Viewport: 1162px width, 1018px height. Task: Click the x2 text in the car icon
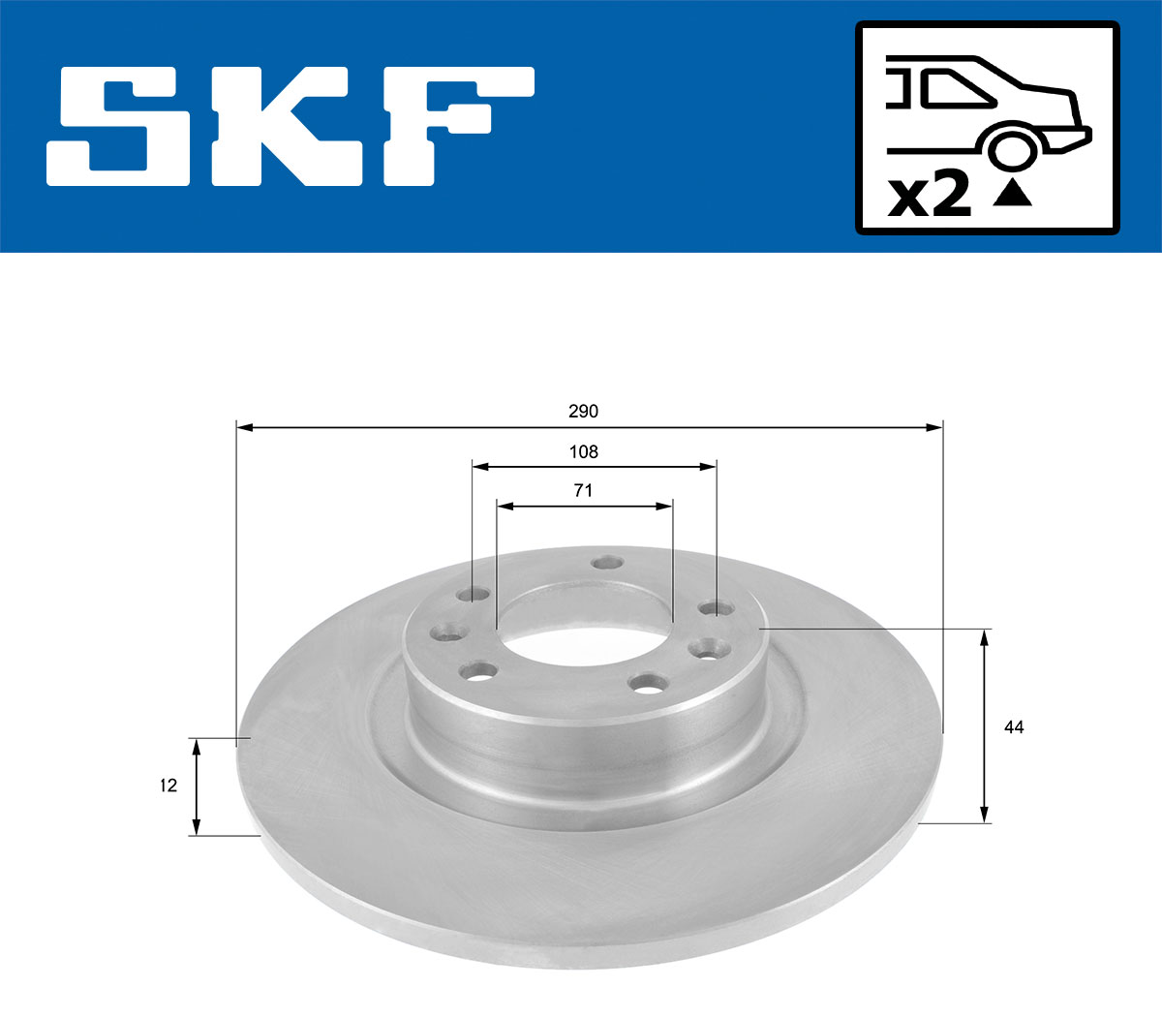(929, 195)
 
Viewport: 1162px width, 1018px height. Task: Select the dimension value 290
(583, 412)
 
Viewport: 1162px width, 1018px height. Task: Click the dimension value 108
(583, 451)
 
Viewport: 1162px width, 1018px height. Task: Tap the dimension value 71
(583, 491)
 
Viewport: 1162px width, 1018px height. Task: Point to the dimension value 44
(1013, 726)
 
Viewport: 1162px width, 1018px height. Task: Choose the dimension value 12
(168, 786)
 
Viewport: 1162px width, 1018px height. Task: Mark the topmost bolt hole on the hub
(607, 563)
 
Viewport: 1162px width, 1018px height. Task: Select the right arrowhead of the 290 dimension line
(934, 426)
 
